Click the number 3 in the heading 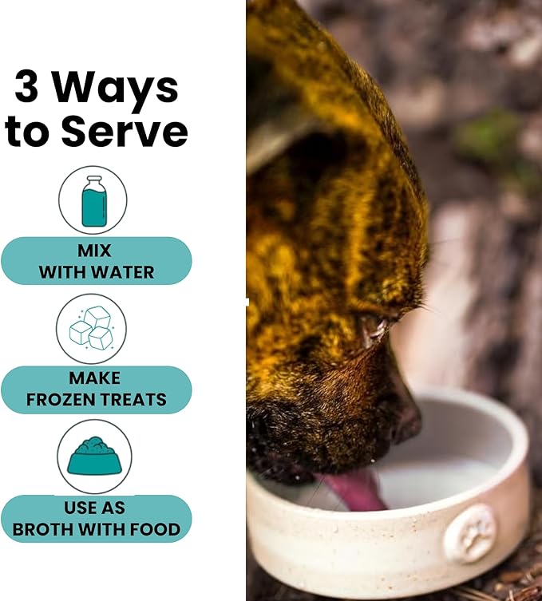tap(26, 86)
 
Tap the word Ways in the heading tap(115, 90)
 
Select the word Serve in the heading tap(125, 131)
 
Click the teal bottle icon tap(94, 201)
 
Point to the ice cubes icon tap(91, 328)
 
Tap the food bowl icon tap(94, 456)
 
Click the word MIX tap(94, 251)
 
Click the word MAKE tap(95, 378)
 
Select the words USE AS tap(94, 508)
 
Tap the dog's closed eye tap(374, 330)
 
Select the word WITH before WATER tap(63, 272)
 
